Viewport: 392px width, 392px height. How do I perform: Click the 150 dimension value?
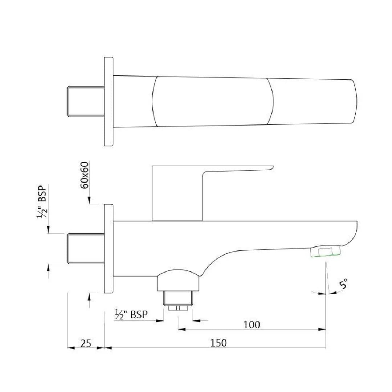218,343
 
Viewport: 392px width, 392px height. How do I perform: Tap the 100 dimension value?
252,324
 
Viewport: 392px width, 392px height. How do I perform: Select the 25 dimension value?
86,343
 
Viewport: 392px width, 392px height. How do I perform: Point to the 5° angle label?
343,284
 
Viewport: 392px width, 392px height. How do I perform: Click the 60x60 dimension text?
85,175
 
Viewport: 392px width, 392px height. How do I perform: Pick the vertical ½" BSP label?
42,202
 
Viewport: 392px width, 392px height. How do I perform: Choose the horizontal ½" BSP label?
131,314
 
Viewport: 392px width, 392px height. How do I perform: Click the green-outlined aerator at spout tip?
325,251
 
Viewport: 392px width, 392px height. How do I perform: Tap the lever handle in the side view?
190,190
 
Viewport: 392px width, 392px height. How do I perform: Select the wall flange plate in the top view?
109,102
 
